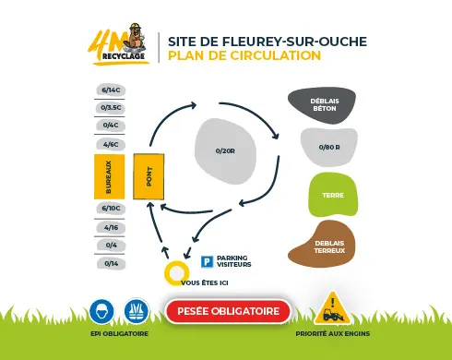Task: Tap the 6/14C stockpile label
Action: tap(111, 90)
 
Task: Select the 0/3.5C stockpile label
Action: tap(111, 107)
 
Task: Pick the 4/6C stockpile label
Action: tap(111, 144)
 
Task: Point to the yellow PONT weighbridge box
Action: tap(149, 176)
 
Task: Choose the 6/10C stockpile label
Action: tap(111, 209)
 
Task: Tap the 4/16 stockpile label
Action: tap(111, 227)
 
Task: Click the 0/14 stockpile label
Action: tap(111, 263)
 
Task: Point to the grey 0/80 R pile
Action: tap(327, 147)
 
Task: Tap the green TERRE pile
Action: tap(328, 195)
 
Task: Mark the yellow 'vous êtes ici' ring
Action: tap(174, 273)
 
